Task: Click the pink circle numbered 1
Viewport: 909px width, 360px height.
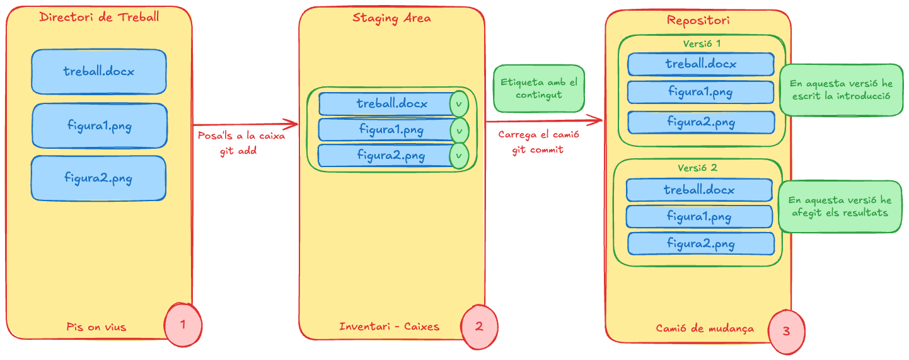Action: point(183,325)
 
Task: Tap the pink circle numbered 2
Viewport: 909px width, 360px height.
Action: point(479,327)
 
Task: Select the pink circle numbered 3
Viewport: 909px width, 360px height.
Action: point(785,330)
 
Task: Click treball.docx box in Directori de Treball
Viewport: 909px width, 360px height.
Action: point(99,72)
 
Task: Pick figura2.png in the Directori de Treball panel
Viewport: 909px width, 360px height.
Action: point(98,178)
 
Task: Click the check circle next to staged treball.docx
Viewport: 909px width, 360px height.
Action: point(459,104)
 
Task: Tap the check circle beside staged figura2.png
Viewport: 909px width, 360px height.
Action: point(459,156)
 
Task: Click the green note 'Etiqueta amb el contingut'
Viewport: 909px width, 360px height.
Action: point(538,88)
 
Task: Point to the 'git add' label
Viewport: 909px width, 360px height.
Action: point(238,151)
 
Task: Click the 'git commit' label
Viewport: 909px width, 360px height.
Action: point(537,150)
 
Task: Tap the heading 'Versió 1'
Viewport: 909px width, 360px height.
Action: point(702,44)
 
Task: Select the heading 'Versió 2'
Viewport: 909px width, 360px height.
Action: point(697,168)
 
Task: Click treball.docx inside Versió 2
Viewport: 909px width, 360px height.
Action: point(698,190)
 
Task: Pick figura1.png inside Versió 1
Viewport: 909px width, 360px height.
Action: point(700,92)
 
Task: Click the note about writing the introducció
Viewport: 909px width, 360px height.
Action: point(841,90)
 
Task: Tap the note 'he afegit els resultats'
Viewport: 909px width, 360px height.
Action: point(840,206)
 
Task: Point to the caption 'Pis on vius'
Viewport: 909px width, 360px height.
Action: point(96,327)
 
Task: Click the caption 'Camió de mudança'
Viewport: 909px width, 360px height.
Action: point(704,328)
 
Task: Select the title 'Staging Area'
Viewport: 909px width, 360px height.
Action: point(391,18)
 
